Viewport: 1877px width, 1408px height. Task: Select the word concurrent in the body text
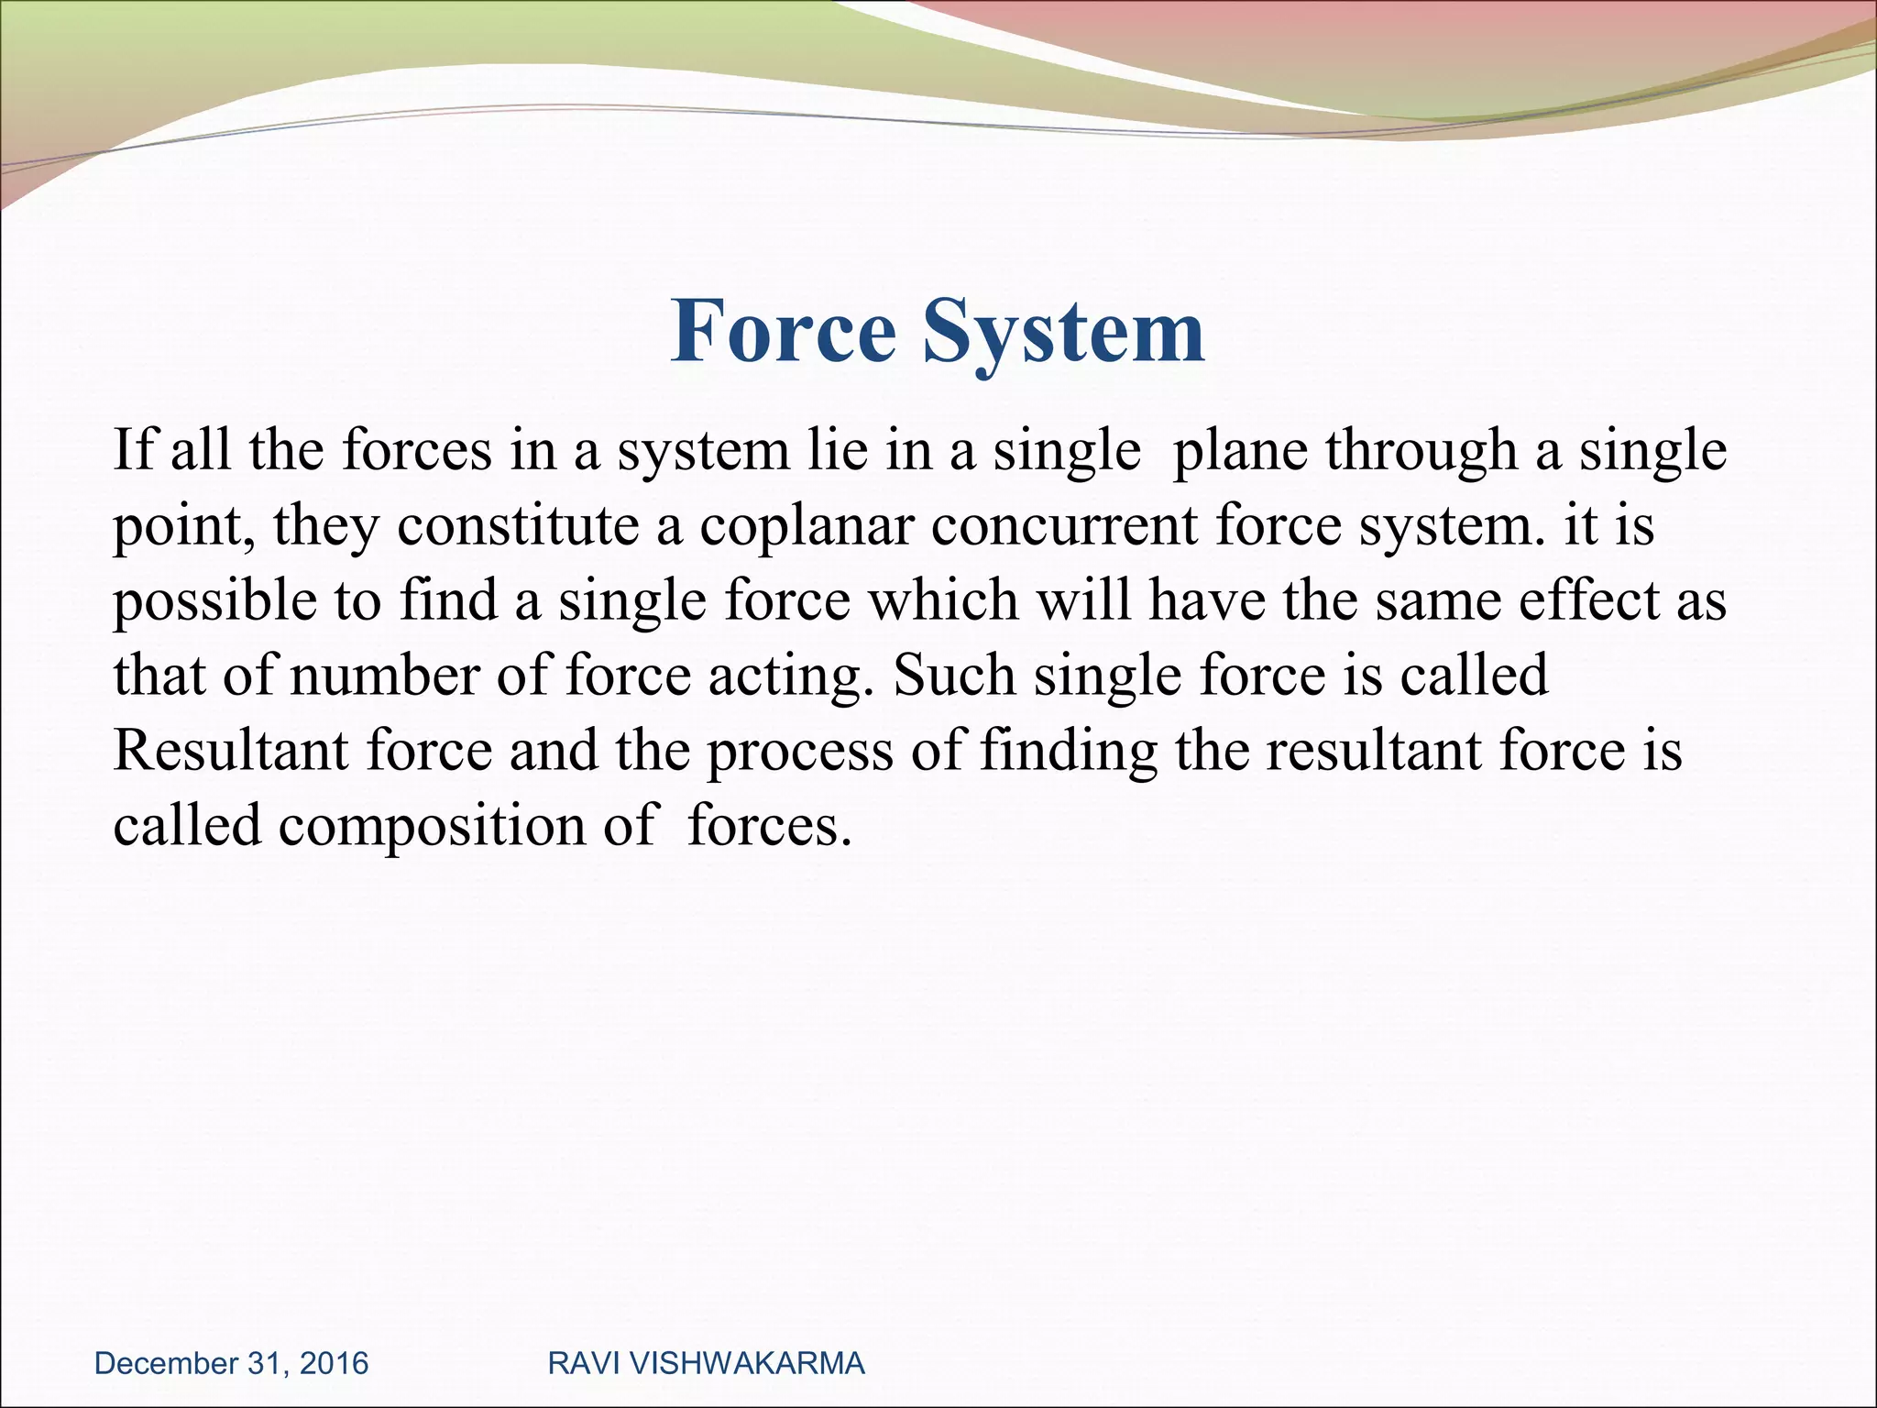point(1065,527)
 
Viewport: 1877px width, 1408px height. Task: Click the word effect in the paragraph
point(1590,602)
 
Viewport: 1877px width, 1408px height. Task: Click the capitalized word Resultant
point(231,751)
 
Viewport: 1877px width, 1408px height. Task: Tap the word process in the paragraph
point(799,751)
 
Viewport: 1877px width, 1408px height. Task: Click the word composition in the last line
point(432,826)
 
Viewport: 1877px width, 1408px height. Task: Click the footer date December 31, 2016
point(231,1363)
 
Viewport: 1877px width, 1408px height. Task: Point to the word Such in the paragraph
point(953,676)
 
